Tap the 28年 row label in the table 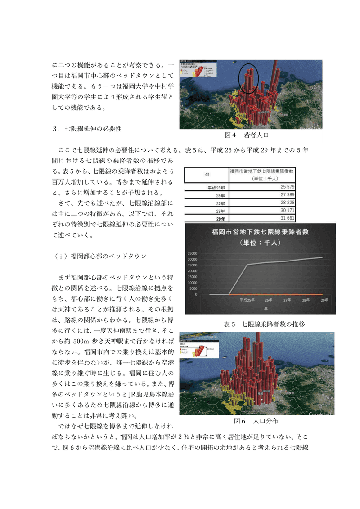click(x=219, y=211)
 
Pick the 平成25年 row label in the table click(x=216, y=187)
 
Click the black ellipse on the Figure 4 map click(x=248, y=78)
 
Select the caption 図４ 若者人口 click(x=247, y=135)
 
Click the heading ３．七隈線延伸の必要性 click(x=87, y=129)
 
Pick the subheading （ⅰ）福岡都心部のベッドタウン click(x=99, y=257)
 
